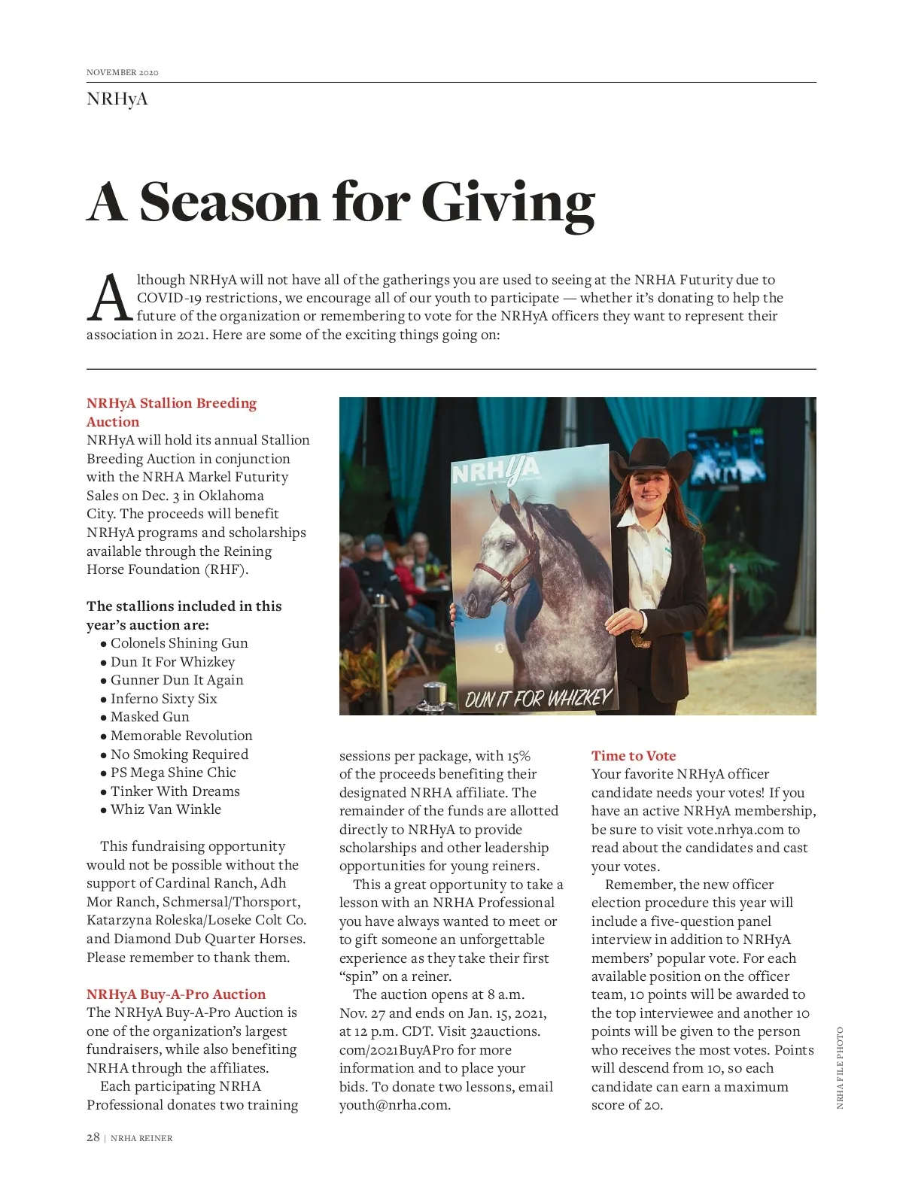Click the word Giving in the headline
(x=508, y=203)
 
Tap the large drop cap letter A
(x=110, y=299)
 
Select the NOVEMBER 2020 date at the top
(x=123, y=72)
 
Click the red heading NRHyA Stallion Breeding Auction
(x=171, y=412)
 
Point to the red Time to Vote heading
(x=634, y=756)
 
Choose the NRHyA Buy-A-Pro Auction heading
(x=176, y=994)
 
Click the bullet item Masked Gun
(x=150, y=717)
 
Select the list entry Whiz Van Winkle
(x=166, y=809)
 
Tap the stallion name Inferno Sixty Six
(x=163, y=699)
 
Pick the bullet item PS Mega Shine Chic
(x=173, y=773)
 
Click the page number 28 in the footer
(x=93, y=1137)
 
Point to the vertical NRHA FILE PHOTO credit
(x=840, y=1068)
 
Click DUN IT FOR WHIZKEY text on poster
(x=537, y=699)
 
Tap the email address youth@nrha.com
(x=394, y=1105)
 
